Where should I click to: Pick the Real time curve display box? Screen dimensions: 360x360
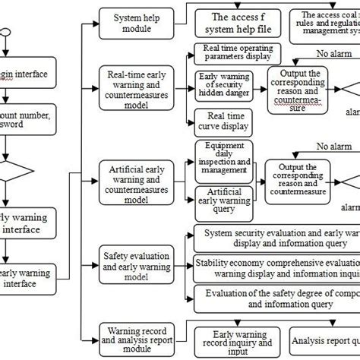click(224, 118)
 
